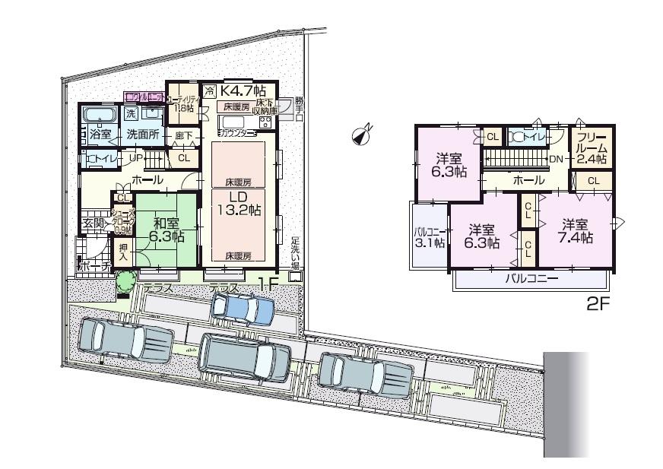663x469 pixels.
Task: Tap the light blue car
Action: [242, 309]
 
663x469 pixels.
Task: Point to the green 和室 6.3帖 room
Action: [164, 229]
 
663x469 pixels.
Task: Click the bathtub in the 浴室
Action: [97, 116]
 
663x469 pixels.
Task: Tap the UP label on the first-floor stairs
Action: [136, 157]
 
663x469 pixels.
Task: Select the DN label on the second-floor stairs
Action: [556, 160]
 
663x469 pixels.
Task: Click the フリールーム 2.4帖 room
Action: [590, 148]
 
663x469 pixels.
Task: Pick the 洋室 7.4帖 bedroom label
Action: [576, 231]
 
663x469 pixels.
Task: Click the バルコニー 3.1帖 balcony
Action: [429, 236]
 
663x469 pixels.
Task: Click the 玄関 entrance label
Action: [94, 223]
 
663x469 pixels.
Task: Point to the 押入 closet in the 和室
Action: [122, 252]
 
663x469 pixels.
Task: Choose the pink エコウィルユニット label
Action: [146, 97]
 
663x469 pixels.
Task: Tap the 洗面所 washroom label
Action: [142, 132]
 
